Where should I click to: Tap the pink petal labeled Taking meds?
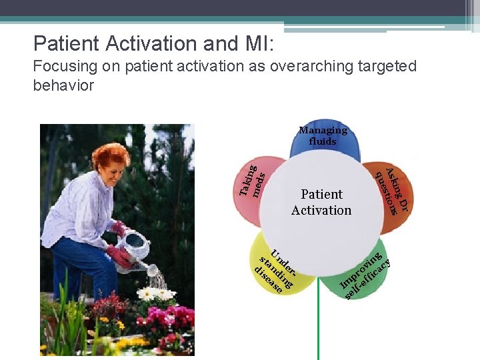click(253, 184)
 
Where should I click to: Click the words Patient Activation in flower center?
click(321, 202)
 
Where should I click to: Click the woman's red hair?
click(110, 155)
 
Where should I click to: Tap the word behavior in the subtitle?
click(63, 85)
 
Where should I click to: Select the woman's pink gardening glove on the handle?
click(120, 230)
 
